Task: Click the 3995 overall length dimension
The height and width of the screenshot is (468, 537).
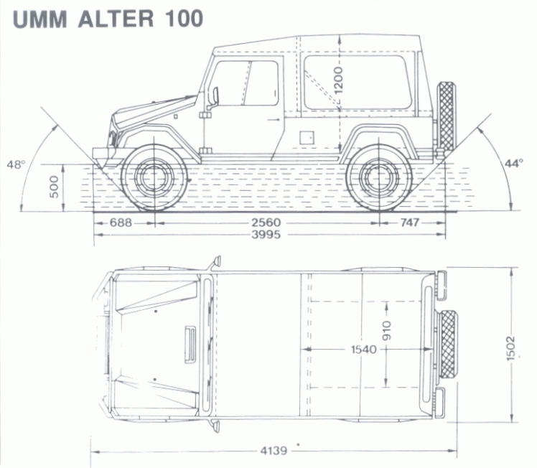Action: tap(266, 235)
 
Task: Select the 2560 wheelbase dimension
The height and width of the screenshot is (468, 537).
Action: tap(266, 223)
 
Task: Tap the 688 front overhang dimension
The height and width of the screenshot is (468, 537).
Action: tap(121, 223)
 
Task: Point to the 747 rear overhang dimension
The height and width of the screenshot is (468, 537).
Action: tap(410, 223)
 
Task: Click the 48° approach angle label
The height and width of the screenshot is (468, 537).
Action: tap(16, 164)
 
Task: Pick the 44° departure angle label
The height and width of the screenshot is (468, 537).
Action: tap(514, 164)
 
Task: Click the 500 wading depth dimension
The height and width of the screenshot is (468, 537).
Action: tap(54, 187)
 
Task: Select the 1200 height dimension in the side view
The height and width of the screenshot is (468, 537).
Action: tap(339, 81)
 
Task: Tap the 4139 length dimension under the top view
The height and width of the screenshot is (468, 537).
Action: tap(274, 451)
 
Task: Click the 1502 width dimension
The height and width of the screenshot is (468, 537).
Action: tap(510, 349)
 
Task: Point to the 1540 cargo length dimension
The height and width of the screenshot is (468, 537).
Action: tap(364, 350)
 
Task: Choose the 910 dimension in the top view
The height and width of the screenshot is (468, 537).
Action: tap(387, 331)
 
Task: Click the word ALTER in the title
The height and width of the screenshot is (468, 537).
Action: tap(116, 19)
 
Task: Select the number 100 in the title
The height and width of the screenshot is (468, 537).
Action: tap(184, 19)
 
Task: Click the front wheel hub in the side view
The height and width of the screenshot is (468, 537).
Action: tap(154, 177)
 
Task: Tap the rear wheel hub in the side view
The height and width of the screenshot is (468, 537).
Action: tap(379, 177)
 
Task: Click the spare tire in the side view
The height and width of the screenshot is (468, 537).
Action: tap(447, 116)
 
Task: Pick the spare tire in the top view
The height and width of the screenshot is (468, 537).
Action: tap(448, 344)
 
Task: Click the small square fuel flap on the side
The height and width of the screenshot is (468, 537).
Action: tap(307, 138)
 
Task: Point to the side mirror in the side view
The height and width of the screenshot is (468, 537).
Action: tap(215, 95)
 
